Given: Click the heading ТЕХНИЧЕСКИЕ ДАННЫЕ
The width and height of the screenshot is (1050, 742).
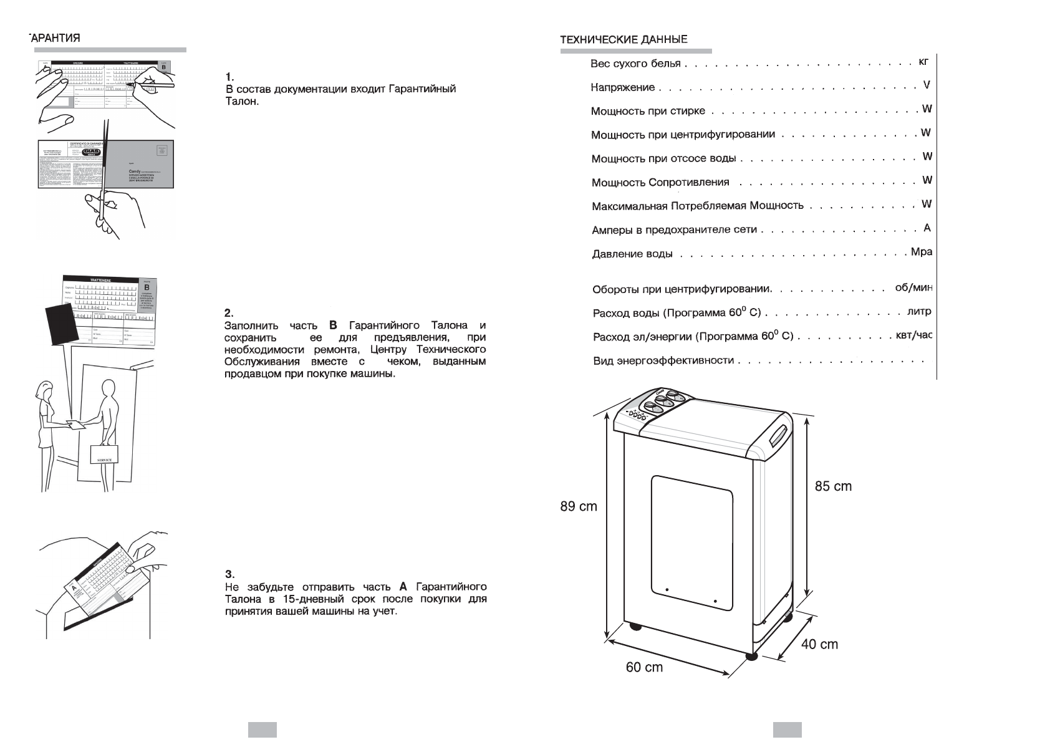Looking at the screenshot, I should click(x=624, y=39).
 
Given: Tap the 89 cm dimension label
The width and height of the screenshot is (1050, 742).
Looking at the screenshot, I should click(x=578, y=506).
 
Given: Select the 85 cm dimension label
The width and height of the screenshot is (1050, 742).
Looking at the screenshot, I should click(x=833, y=486).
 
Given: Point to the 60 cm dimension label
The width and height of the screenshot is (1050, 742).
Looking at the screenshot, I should click(x=644, y=667).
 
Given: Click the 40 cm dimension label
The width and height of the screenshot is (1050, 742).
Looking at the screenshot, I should click(x=819, y=644).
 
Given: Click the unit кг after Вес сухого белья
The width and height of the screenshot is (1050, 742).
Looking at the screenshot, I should click(x=923, y=61).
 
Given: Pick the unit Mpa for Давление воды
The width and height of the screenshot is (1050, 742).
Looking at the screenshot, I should click(x=921, y=252).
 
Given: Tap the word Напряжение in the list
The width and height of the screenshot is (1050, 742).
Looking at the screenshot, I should click(x=614, y=87).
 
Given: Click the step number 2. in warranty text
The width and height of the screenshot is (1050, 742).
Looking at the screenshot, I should click(x=228, y=313).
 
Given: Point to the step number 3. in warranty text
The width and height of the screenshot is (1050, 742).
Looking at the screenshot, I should click(x=228, y=574).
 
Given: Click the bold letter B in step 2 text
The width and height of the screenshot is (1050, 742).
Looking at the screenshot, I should click(x=332, y=325).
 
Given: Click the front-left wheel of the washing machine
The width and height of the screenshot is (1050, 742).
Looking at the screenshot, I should click(x=635, y=625).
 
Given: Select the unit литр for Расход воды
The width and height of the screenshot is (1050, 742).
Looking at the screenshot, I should click(x=919, y=311).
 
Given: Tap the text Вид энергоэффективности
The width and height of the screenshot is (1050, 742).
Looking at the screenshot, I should click(x=663, y=360).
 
